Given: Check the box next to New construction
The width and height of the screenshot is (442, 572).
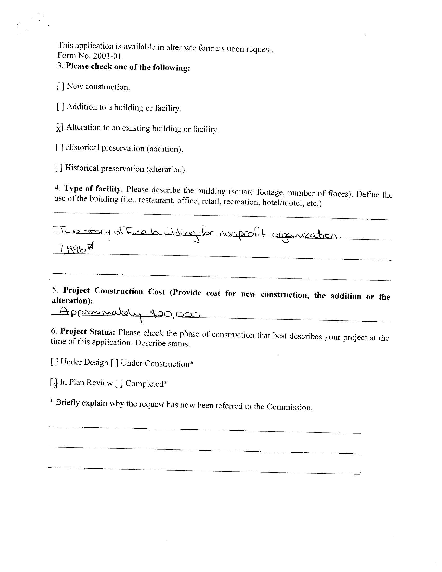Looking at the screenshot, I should coord(61,86).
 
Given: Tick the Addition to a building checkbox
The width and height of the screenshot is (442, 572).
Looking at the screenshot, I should coord(60,107).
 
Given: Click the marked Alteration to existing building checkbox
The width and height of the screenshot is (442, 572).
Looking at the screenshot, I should coord(60,127).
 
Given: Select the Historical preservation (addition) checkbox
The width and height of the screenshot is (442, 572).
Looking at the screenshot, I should coord(59,147).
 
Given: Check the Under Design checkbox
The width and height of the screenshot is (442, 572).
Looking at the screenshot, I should coord(54,362).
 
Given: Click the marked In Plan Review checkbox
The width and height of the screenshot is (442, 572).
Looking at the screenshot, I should coord(54,383).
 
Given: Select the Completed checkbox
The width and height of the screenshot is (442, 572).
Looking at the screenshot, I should coord(119,384).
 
